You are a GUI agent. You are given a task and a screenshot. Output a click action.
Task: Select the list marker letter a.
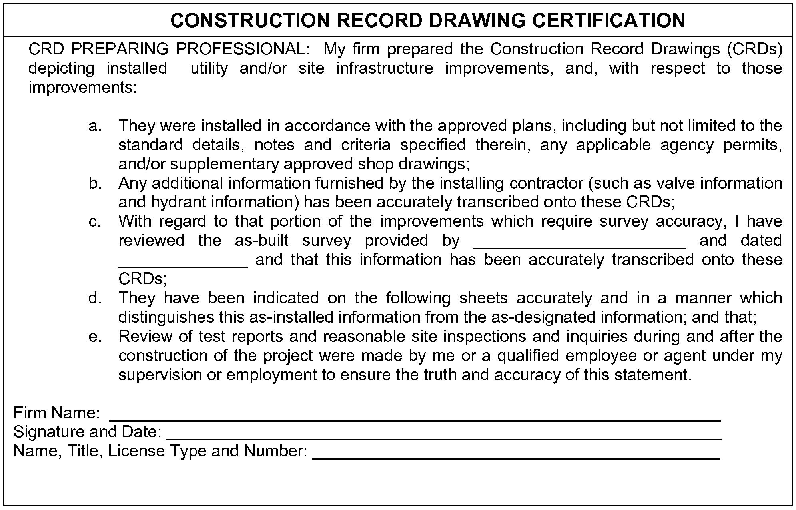94,126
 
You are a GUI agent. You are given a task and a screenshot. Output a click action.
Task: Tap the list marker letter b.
94,183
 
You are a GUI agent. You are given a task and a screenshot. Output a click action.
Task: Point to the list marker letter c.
94,221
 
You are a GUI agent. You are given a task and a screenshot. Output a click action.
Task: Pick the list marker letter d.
94,298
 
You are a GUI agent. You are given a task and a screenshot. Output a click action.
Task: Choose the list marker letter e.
94,337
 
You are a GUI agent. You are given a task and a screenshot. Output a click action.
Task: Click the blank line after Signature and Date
443,435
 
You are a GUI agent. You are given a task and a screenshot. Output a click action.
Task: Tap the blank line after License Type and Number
516,454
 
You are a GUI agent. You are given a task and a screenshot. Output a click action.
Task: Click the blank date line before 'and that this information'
183,262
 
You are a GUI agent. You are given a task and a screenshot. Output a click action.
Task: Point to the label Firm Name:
56,413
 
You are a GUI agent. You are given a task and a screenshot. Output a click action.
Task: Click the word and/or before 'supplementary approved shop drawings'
142,164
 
